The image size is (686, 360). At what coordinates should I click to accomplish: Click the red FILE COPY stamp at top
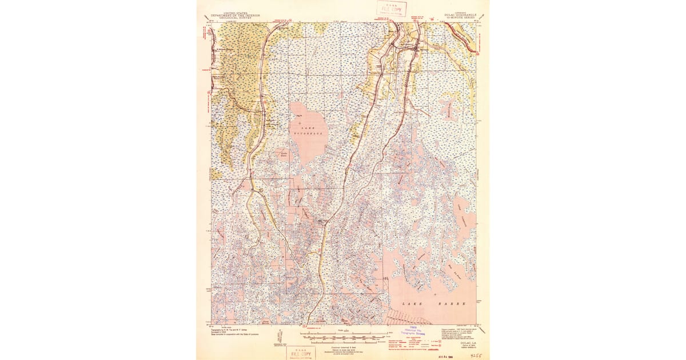(391, 9)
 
